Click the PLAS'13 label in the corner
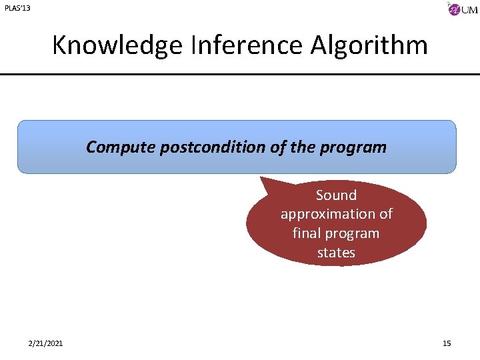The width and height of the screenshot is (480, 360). (17, 9)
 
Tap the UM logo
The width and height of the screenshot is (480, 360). (462, 9)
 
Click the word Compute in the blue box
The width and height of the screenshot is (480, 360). (121, 147)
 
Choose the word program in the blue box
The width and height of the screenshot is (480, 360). (358, 147)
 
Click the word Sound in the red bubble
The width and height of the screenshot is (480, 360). (336, 195)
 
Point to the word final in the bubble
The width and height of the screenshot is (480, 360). (307, 234)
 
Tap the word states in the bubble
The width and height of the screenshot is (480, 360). (336, 253)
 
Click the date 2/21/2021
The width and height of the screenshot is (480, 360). (46, 343)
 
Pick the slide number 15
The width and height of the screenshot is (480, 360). (447, 343)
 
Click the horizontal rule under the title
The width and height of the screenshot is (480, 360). (240, 74)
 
